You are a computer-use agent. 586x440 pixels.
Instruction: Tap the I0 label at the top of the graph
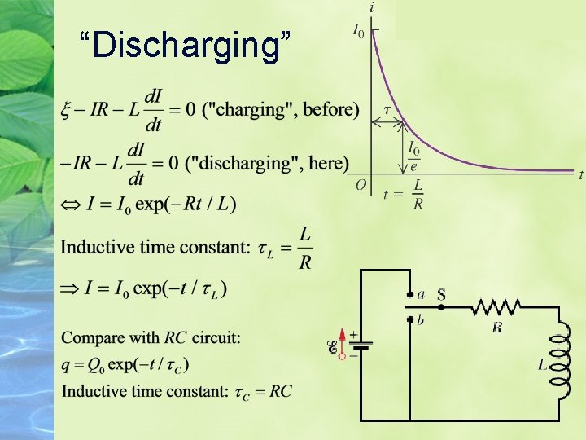pyautogui.click(x=358, y=30)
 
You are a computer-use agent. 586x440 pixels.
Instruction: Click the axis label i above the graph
pyautogui.click(x=372, y=7)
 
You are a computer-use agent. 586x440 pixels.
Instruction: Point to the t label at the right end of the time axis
pyautogui.click(x=580, y=174)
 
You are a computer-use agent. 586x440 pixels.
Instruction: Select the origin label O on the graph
pyautogui.click(x=361, y=185)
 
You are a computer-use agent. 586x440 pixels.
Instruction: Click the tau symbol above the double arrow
pyautogui.click(x=387, y=110)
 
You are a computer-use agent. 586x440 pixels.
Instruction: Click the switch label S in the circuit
pyautogui.click(x=440, y=294)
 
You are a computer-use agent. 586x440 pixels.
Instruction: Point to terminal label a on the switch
pyautogui.click(x=421, y=294)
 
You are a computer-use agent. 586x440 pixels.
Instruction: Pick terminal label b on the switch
pyautogui.click(x=421, y=321)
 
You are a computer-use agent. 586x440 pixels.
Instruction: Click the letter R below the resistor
pyautogui.click(x=496, y=328)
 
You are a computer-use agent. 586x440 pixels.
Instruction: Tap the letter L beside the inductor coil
pyautogui.click(x=542, y=365)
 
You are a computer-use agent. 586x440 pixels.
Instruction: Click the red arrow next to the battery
pyautogui.click(x=343, y=345)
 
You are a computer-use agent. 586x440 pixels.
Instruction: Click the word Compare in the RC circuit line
pyautogui.click(x=92, y=337)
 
